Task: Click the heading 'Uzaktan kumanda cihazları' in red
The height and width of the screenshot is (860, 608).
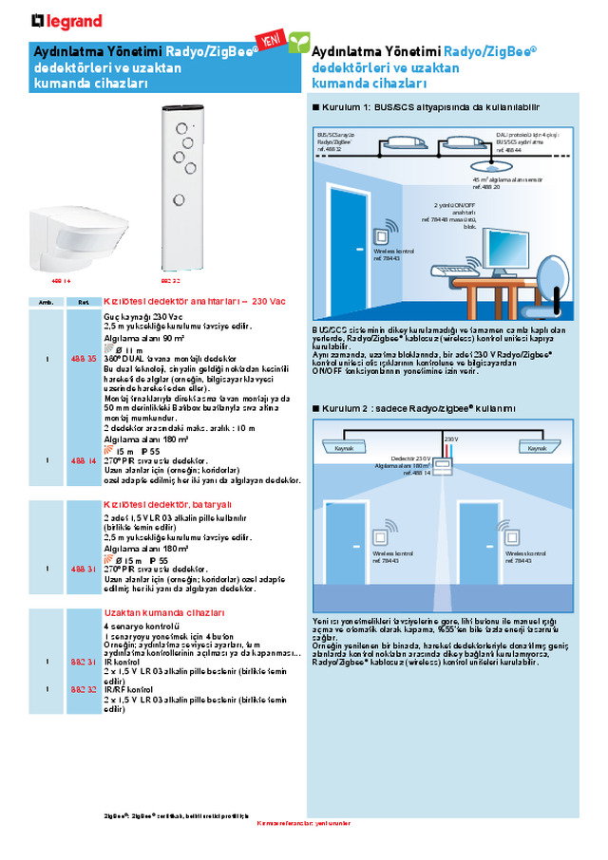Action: [x=164, y=613]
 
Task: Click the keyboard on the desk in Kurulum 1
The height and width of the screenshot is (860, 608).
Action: [x=456, y=271]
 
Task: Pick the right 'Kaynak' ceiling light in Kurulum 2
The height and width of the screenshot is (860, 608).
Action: [x=537, y=447]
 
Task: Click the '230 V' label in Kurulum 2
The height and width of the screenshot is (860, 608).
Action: [x=451, y=439]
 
